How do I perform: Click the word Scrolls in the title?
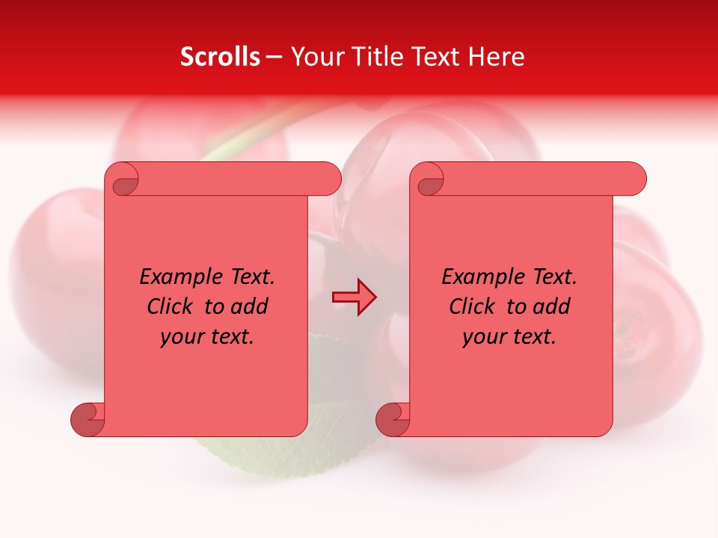pyautogui.click(x=220, y=57)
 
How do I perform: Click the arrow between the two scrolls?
pyautogui.click(x=354, y=297)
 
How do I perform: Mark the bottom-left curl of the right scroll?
pyautogui.click(x=393, y=418)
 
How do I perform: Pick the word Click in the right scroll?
pyautogui.click(x=472, y=306)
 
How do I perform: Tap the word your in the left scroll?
pyautogui.click(x=183, y=337)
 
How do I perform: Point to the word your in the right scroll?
pyautogui.click(x=485, y=337)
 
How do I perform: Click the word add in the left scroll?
pyautogui.click(x=251, y=306)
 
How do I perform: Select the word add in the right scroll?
pyautogui.click(x=553, y=306)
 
